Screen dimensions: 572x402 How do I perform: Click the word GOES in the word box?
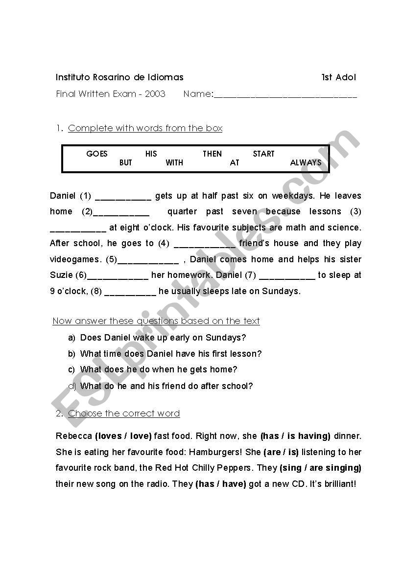coord(96,154)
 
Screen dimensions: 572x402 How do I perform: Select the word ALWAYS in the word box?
coord(306,162)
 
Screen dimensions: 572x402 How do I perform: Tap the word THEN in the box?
coord(212,154)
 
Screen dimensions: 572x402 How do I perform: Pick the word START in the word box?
coord(263,154)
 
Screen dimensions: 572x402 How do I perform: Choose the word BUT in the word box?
coord(126,162)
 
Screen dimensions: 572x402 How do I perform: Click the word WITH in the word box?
coord(174,162)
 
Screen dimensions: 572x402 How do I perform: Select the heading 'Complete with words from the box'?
coord(145,128)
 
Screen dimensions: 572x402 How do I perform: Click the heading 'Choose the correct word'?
coord(124,413)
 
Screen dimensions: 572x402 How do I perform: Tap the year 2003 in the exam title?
coord(155,94)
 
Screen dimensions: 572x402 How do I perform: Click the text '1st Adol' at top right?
coord(339,77)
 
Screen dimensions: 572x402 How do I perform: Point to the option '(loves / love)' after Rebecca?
coord(123,436)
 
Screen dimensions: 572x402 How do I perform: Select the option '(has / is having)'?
coord(295,436)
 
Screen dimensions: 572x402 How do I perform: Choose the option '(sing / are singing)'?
coord(320,468)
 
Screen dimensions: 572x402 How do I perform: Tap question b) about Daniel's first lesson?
coord(171,354)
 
